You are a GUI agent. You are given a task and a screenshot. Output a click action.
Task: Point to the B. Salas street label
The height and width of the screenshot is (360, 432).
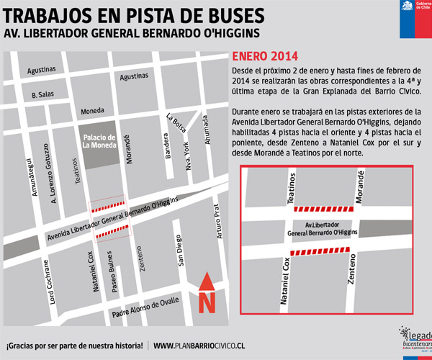[44, 94]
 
